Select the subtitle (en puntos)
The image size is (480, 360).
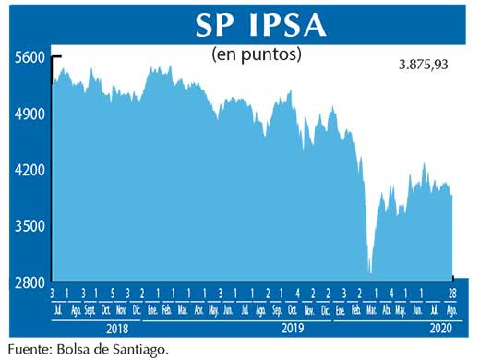(x=257, y=54)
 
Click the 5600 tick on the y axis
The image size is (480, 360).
(x=30, y=57)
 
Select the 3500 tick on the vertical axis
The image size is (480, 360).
(x=30, y=226)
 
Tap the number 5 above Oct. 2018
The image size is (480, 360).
(x=107, y=294)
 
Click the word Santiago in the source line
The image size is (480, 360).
(x=142, y=349)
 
